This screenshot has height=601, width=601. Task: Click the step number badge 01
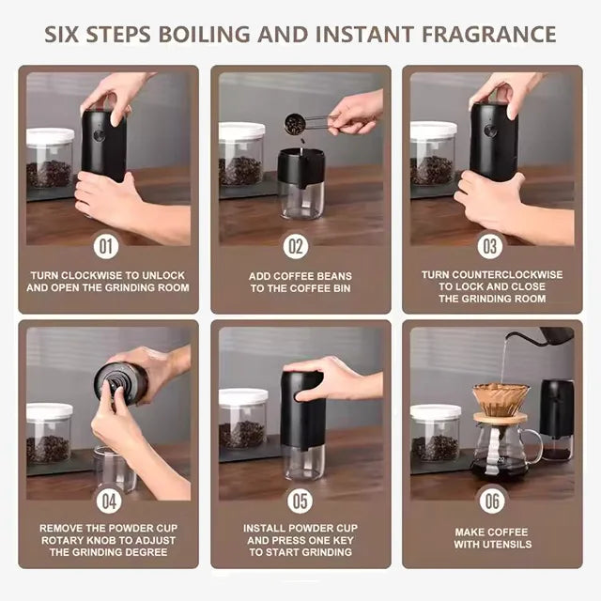tap(106, 247)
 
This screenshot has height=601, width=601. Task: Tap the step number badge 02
tap(297, 247)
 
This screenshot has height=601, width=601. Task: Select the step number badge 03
tap(490, 247)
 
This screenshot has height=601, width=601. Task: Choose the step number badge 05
tap(300, 501)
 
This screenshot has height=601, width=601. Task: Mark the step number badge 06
tap(492, 501)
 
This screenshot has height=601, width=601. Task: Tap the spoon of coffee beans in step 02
tap(296, 123)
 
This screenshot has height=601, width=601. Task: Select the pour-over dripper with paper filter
tap(500, 399)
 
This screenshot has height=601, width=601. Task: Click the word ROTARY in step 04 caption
tap(64, 540)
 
